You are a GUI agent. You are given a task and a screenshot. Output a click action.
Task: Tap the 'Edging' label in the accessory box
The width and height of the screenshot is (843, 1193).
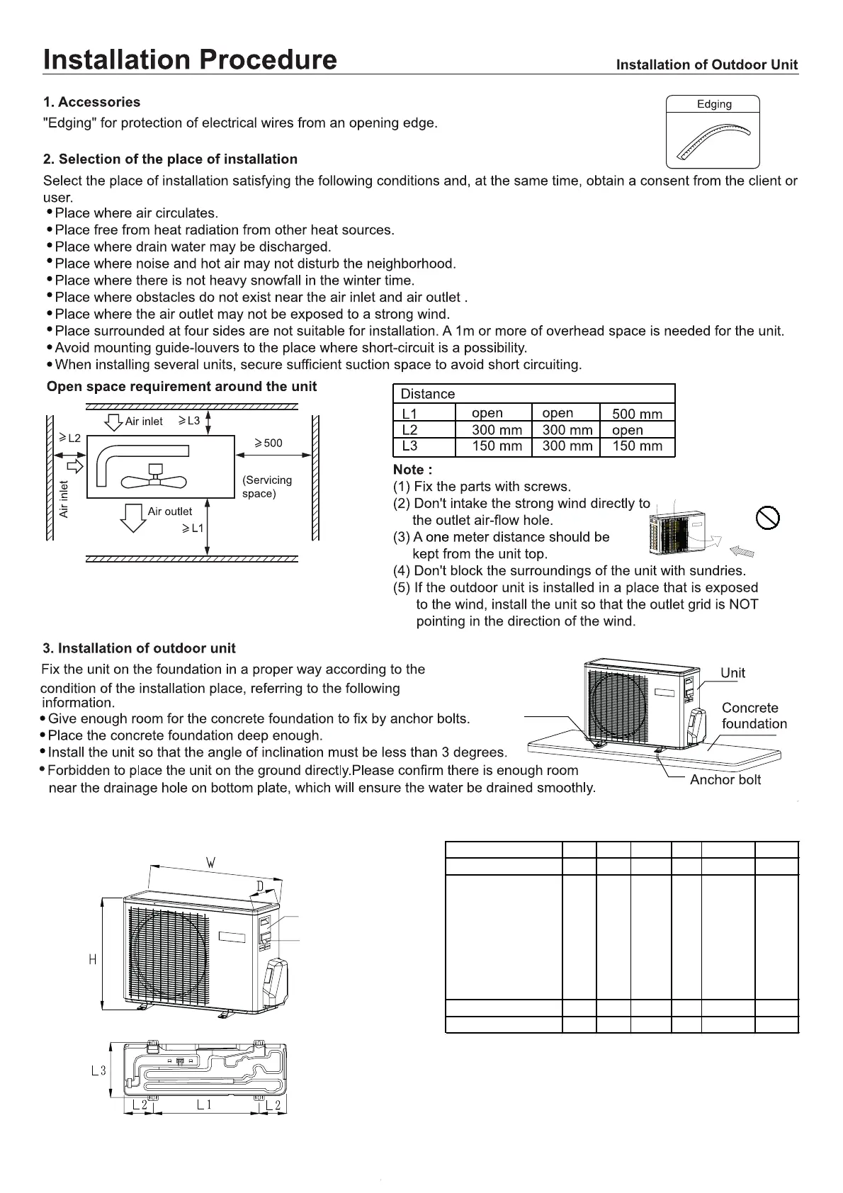[x=713, y=104]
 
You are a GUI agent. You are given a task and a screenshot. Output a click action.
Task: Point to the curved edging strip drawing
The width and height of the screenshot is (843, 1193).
[x=713, y=141]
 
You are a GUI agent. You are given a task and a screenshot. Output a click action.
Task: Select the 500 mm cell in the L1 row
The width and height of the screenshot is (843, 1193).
[x=637, y=414]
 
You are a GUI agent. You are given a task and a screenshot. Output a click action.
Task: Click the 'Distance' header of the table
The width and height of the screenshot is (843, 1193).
[x=428, y=394]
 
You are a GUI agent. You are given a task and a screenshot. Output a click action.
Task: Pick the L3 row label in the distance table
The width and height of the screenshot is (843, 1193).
[x=409, y=446]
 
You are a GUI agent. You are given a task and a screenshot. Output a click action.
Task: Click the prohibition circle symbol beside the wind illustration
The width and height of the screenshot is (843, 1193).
[x=768, y=518]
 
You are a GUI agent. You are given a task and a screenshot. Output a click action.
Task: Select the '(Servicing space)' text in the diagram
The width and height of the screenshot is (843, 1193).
[x=266, y=487]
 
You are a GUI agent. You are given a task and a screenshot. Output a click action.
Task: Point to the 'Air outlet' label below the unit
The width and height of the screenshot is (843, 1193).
[x=169, y=511]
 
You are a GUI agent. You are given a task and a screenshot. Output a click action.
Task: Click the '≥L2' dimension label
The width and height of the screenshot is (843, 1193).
[x=70, y=439]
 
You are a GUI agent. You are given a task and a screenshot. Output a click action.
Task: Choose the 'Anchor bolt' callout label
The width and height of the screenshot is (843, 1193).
[x=725, y=780]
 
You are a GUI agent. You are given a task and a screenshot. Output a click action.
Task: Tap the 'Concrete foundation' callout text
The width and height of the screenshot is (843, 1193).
[x=753, y=716]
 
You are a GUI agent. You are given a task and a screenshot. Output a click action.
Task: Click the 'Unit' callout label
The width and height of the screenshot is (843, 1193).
[x=732, y=673]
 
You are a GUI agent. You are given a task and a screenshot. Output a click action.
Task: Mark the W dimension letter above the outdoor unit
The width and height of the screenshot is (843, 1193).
[x=210, y=863]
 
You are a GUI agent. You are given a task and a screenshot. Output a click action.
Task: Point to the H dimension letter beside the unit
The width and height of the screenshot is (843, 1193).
[x=92, y=960]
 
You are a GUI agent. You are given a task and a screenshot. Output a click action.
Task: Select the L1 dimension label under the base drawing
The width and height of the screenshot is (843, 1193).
[x=204, y=1104]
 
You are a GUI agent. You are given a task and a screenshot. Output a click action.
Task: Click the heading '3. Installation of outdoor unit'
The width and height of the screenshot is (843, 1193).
[x=140, y=648]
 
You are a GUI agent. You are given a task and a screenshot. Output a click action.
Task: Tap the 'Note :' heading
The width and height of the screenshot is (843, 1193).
[x=412, y=470]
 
